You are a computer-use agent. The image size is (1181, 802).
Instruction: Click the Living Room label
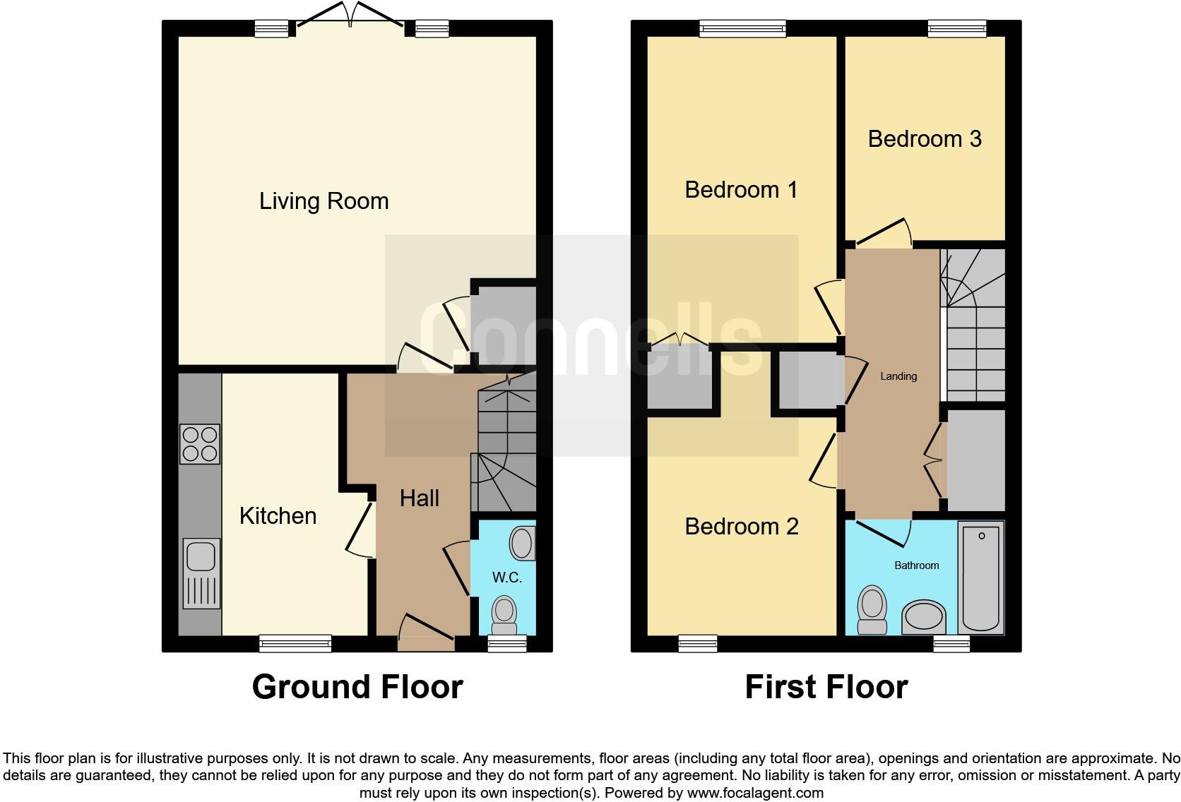324,201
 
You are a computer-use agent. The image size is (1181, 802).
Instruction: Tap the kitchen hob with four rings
200,444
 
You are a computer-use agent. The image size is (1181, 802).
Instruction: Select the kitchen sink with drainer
201,573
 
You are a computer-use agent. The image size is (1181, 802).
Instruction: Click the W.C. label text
506,577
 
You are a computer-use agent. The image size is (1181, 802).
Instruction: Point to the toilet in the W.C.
504,615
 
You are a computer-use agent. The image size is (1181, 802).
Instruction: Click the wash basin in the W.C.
523,543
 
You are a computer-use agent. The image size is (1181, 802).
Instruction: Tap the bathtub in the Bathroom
980,577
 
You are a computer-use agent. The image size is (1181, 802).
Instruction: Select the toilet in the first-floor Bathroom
872,610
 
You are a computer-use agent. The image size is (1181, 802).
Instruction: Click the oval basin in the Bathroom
924,617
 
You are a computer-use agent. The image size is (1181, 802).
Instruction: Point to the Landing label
898,376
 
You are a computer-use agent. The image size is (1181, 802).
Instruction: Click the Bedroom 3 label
925,139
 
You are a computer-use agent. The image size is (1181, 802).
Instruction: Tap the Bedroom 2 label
741,527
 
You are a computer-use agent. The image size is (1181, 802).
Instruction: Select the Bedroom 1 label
741,190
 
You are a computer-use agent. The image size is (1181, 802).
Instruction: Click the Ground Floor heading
357,687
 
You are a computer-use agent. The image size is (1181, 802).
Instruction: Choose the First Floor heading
826,687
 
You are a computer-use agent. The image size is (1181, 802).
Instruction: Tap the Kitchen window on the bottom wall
295,643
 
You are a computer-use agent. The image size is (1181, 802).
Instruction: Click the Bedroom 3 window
957,28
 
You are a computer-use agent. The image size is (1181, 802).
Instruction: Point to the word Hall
419,498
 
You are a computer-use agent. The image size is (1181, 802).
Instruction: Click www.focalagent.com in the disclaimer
755,793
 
